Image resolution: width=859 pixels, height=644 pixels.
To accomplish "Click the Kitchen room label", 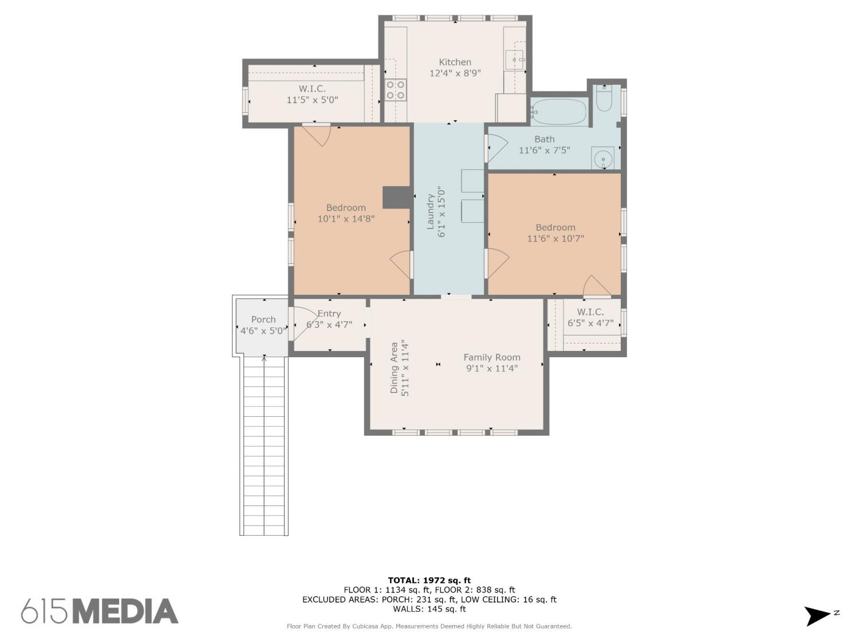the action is (x=455, y=62).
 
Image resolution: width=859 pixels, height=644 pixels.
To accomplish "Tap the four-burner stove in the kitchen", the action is (x=395, y=89).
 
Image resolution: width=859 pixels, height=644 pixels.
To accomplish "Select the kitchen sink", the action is (x=514, y=60).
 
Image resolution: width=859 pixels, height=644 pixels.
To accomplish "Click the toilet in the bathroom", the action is (x=604, y=98).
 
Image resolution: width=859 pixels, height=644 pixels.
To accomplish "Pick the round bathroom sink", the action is (x=602, y=159).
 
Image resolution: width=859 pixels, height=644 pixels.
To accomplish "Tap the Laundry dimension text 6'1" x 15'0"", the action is (x=441, y=212).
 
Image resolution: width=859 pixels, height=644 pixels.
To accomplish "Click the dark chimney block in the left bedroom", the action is (x=397, y=197).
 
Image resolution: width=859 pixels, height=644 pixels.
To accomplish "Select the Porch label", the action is (x=263, y=320).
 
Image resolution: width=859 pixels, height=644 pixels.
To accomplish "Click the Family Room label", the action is (x=492, y=357).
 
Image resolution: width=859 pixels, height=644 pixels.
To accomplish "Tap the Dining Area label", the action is (x=394, y=368).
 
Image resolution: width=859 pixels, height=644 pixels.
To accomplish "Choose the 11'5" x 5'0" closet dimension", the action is (x=312, y=100).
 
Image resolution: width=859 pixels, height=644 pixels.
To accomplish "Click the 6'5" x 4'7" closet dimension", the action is (x=590, y=323).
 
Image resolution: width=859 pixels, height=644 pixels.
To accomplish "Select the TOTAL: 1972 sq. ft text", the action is (x=429, y=580).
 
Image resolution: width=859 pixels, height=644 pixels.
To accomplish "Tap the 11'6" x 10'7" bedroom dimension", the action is (x=555, y=239).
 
